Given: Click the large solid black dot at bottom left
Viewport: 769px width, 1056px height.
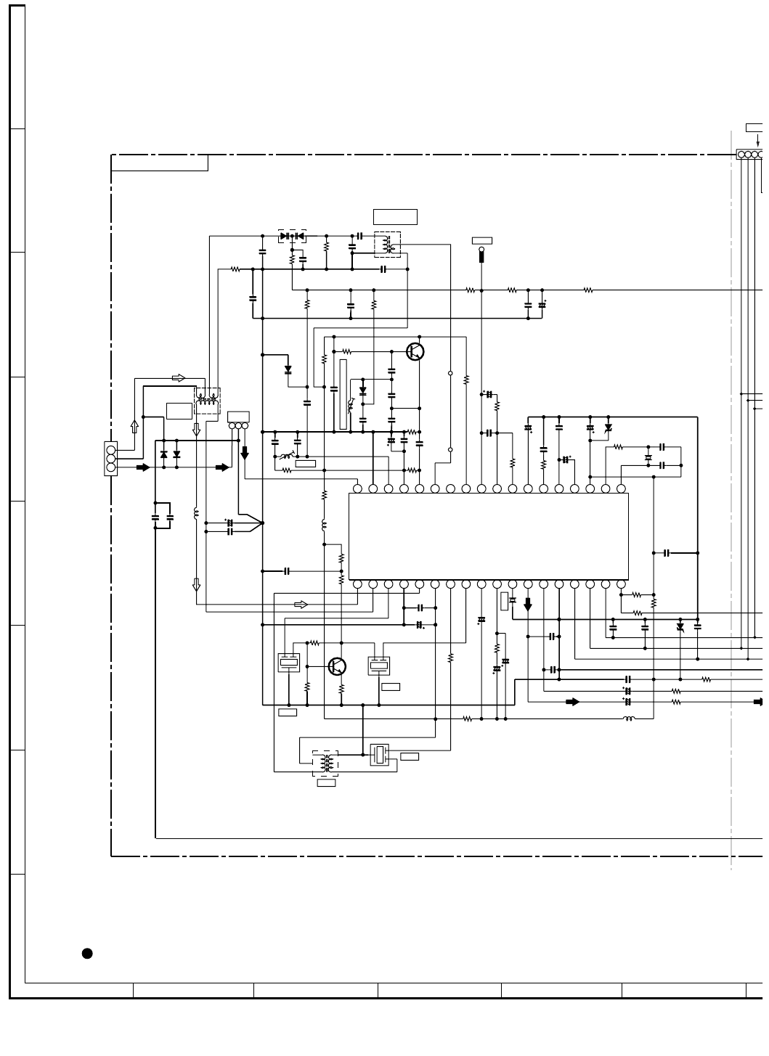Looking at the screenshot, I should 87,953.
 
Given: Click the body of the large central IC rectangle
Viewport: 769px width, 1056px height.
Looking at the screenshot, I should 488,536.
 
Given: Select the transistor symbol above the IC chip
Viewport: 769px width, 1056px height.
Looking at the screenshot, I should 415,352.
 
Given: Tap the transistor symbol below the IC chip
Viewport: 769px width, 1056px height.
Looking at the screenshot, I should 337,666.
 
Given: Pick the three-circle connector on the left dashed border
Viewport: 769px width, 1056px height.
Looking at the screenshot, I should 111,459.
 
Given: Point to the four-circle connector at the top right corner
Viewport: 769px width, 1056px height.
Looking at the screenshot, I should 751,154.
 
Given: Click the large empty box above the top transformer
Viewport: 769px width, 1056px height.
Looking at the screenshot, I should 395,216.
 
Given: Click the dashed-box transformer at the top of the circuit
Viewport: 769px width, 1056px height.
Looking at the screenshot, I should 388,245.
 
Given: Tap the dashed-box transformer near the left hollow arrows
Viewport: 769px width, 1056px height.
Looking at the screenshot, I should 207,401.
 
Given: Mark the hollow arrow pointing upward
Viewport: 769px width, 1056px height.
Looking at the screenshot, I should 134,426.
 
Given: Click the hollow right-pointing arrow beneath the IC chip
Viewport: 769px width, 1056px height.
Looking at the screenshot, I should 301,605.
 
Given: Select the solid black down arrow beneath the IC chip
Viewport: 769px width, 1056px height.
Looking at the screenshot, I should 528,604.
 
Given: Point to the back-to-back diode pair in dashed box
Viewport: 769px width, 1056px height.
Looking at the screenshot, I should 292,236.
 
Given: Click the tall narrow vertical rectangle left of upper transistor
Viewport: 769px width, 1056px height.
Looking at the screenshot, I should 343,393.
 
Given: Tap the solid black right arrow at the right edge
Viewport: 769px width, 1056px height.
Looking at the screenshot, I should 758,702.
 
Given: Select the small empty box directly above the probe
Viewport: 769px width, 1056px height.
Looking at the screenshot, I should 481,240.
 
